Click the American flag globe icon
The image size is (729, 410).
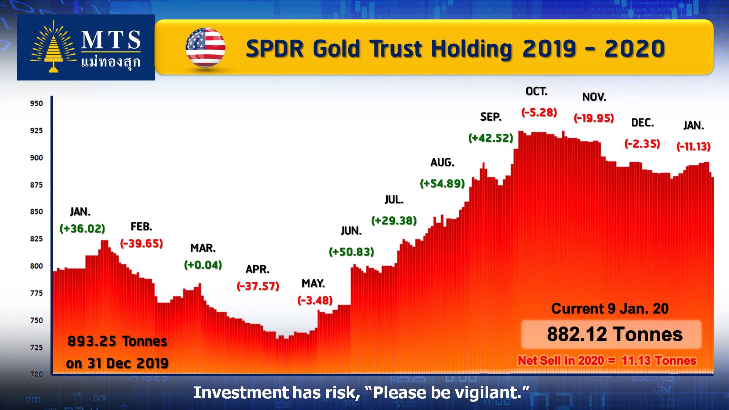205,47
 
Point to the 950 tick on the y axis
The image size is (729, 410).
36,103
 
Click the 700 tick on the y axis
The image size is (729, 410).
36,374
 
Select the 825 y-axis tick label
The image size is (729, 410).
36,239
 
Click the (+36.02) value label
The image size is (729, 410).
82,229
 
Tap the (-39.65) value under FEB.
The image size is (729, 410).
142,243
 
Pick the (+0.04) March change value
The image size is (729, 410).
203,265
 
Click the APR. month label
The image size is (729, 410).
258,269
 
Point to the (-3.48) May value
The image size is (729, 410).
315,300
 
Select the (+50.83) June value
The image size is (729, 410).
352,252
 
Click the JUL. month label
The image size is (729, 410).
394,200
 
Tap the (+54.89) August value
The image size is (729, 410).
443,184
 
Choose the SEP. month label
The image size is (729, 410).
491,117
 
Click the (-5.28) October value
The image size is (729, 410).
539,112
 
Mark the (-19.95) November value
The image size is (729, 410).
594,118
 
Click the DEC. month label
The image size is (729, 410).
642,123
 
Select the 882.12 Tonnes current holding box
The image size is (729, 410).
611,334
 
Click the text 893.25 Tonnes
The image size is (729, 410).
117,341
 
